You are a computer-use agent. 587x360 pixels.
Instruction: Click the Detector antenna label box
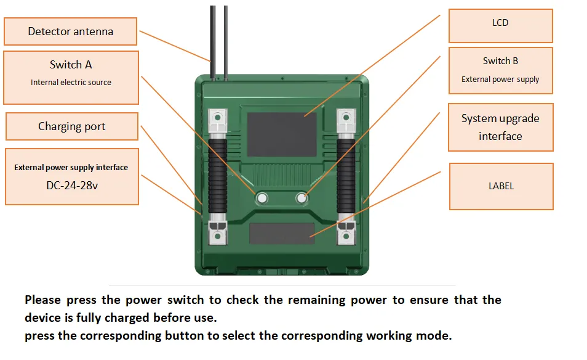click(x=70, y=31)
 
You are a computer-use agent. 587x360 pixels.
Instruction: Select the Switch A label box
click(x=71, y=78)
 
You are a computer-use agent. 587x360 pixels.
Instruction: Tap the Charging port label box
click(x=72, y=126)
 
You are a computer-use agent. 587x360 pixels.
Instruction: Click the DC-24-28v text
click(x=72, y=186)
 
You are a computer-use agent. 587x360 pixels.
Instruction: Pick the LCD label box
click(x=500, y=26)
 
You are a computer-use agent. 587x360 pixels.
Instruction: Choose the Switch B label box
click(x=500, y=70)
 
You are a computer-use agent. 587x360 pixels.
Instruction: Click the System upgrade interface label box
click(x=500, y=128)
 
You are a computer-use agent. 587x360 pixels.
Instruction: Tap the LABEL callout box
click(x=501, y=186)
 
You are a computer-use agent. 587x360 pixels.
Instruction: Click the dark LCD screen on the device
click(x=282, y=134)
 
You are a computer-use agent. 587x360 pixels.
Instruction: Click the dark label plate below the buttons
click(x=282, y=233)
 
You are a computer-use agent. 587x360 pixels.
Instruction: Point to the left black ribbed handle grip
click(x=217, y=176)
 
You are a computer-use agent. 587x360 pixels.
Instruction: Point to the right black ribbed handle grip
click(x=346, y=176)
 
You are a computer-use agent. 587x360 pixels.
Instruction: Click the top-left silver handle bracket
click(x=217, y=120)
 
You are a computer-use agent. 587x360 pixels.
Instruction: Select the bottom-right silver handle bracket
click(x=346, y=233)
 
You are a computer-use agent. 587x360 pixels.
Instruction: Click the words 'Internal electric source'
click(x=71, y=83)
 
